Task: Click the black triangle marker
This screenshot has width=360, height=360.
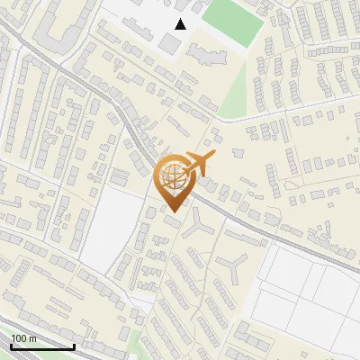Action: coord(181,24)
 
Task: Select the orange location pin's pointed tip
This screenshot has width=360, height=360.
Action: coord(174,211)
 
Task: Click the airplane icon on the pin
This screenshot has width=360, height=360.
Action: coord(199,165)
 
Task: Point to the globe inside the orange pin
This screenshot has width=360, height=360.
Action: coord(173,177)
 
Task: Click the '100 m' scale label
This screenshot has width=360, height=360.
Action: coord(23,338)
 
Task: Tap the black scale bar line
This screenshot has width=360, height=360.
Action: coord(41,346)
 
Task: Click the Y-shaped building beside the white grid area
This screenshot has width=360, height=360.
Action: coord(234,265)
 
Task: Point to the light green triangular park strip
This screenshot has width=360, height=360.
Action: coord(236,94)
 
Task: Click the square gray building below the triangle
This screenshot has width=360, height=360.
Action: coord(170,42)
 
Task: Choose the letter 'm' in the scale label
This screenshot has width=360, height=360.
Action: coord(32,338)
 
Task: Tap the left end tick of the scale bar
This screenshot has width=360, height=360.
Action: coord(11,346)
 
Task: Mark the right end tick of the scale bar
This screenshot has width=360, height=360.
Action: coord(73,346)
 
